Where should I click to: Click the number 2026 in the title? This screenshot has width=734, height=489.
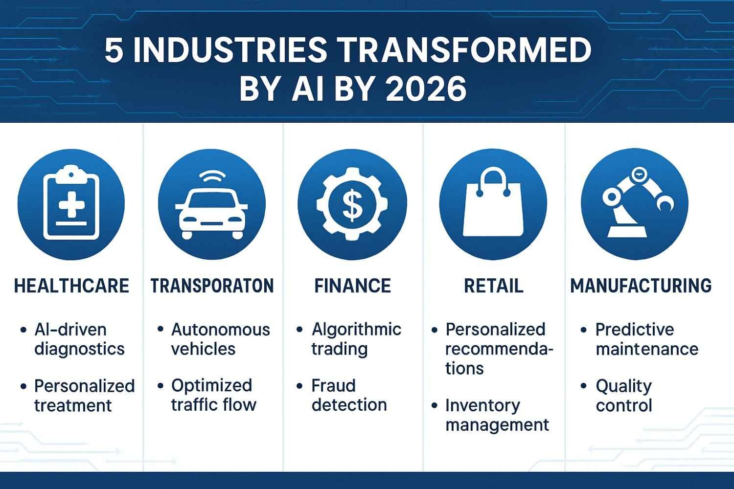pos(426,88)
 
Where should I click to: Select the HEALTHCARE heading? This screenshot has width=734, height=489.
pos(71,285)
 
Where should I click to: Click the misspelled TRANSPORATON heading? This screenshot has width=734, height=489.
pos(212,285)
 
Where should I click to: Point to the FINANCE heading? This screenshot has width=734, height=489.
pos(353,285)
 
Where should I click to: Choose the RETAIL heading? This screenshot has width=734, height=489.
pos(493,285)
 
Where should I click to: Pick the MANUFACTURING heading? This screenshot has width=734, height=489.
pos(641,285)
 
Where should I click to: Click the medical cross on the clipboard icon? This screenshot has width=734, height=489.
pos(71,204)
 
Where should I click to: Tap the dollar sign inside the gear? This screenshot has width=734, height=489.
pos(352,207)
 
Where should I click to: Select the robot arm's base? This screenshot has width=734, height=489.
pos(627,231)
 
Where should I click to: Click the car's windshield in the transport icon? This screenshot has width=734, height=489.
pos(212,200)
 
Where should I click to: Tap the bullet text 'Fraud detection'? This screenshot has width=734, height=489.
pos(349,395)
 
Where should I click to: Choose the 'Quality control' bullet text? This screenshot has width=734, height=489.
pos(623,396)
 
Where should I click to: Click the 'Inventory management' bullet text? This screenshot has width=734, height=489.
pos(497,415)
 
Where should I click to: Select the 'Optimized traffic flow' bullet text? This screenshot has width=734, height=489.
pos(213,395)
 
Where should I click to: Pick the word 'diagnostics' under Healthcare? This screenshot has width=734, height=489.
pos(79,349)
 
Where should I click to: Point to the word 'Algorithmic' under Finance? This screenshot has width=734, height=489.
pos(356,330)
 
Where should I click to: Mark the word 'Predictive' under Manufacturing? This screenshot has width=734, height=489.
pos(634,330)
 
